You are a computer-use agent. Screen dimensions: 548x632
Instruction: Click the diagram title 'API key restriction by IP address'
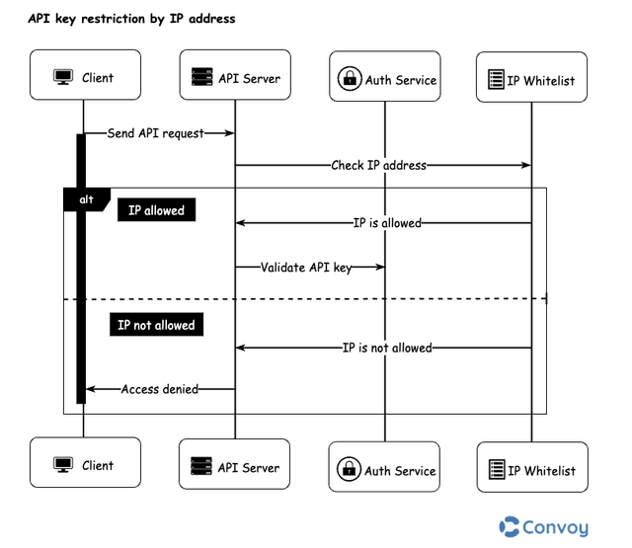point(131,19)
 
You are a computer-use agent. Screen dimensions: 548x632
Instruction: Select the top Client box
point(83,76)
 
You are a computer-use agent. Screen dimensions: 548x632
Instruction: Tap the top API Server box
point(235,76)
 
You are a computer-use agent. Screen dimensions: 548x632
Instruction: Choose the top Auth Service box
point(385,79)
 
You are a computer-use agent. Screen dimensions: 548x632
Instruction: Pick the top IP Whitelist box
point(531,79)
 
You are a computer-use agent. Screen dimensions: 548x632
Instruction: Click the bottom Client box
point(83,464)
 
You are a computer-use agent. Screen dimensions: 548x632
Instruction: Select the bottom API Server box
point(235,465)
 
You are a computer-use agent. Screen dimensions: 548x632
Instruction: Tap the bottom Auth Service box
point(385,469)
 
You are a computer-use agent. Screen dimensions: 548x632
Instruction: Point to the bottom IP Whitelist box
point(531,469)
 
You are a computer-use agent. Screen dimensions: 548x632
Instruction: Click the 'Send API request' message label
point(155,133)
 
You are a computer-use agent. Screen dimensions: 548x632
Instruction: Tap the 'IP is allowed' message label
point(387,223)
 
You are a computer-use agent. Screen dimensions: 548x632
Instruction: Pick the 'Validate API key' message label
point(306,267)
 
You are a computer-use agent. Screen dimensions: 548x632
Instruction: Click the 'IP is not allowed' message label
point(387,348)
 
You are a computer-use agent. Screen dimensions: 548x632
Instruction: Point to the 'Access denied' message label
point(159,389)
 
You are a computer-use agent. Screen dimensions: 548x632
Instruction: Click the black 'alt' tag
point(86,198)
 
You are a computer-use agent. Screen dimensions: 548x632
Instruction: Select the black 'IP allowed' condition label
point(156,210)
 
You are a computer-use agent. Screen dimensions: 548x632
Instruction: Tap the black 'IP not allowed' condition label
point(156,325)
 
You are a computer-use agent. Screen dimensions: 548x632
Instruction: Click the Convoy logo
point(544,526)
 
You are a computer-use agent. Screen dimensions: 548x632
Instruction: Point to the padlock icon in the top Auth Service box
point(349,80)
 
